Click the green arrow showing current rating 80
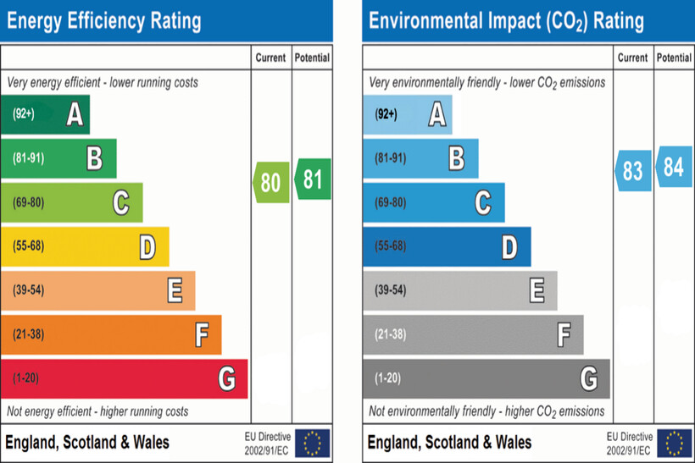pos(271,182)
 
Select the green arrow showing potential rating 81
pos(313,179)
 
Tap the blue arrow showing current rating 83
pos(633,170)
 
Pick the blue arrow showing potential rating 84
pos(674,167)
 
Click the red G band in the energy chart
pos(124,378)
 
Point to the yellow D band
pos(85,246)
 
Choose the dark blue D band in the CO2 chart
pos(447,246)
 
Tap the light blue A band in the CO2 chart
pos(407,114)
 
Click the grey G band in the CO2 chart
pos(486,378)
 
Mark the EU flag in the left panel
pos(313,442)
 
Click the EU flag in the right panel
pos(675,442)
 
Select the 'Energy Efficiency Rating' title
pos(104,20)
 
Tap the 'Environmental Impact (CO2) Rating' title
pos(506,20)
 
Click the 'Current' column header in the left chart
pos(271,58)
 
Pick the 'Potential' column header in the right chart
pos(674,58)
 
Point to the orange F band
pos(111,334)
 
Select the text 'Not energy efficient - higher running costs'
pos(97,411)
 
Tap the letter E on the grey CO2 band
pos(537,290)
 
